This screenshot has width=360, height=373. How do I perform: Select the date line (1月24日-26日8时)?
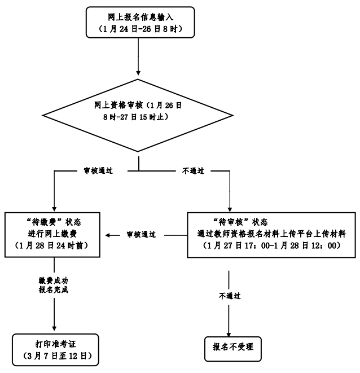click(x=138, y=29)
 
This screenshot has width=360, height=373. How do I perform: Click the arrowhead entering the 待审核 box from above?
click(x=230, y=208)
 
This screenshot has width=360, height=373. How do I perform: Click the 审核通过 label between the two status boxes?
click(x=141, y=234)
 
